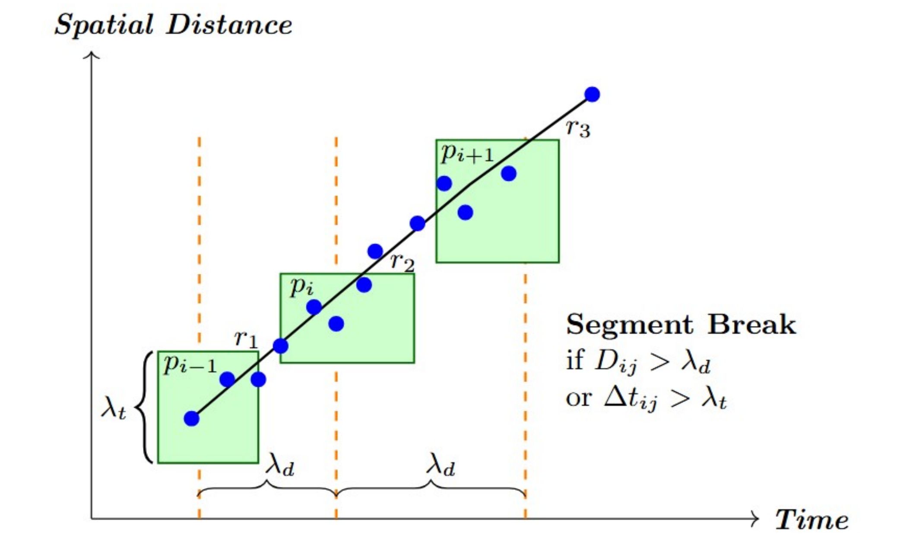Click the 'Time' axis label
[811, 519]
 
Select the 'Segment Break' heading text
[681, 324]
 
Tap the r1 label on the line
[246, 339]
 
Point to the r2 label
[402, 262]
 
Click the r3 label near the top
[578, 128]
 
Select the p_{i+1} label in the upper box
[467, 153]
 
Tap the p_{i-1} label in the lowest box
[190, 365]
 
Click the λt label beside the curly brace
[114, 408]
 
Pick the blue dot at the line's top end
[592, 94]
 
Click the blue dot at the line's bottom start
[191, 418]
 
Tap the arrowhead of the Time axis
[755, 518]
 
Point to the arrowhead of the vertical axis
[92, 55]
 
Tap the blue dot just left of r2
[375, 251]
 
